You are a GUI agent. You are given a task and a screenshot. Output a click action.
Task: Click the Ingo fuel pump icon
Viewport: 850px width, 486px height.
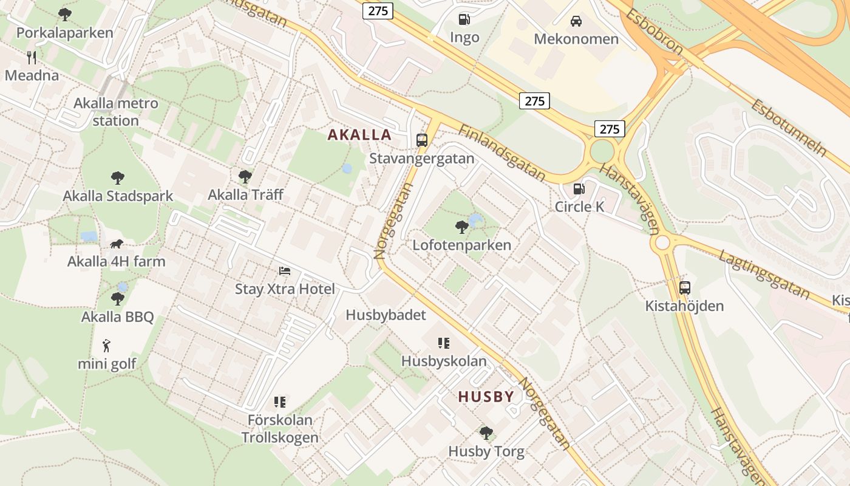[464, 19]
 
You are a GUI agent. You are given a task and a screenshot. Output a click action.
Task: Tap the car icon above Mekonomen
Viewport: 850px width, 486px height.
[576, 21]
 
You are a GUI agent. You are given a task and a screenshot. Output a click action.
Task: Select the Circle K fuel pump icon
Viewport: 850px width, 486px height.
[579, 189]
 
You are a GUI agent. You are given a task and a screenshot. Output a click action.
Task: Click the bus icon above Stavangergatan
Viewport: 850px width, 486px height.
[422, 140]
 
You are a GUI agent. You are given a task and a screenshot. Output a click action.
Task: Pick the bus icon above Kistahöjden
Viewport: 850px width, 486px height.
[685, 288]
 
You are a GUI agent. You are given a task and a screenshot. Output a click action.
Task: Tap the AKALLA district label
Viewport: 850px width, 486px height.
[359, 134]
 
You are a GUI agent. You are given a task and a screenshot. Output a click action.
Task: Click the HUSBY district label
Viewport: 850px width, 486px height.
[486, 397]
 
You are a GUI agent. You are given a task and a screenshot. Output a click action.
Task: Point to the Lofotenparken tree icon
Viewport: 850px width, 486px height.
[461, 227]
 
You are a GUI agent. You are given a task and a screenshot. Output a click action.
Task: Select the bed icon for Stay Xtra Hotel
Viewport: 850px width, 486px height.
[285, 270]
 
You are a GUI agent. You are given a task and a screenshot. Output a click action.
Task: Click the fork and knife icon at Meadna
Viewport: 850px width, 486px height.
[32, 58]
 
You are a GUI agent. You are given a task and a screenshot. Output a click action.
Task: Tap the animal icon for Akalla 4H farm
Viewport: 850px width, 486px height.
[117, 244]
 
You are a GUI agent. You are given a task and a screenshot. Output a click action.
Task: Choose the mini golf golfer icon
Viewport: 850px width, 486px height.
[107, 346]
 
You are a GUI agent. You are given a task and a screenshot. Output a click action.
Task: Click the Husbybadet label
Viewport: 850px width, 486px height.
[386, 315]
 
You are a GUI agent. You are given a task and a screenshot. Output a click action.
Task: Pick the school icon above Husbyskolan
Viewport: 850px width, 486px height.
[444, 343]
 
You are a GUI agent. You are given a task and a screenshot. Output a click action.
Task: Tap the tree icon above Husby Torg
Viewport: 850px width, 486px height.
[486, 433]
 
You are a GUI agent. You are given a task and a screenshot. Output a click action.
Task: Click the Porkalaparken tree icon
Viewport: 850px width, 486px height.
[65, 14]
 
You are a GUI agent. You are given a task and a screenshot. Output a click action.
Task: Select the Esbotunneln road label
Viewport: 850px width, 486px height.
[789, 127]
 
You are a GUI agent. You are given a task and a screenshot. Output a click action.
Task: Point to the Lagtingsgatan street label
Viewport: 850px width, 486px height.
[764, 274]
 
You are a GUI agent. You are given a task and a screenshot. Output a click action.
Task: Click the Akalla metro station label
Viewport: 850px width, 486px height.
[115, 112]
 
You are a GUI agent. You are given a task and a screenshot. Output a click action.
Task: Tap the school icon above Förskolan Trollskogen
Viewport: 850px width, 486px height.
[280, 402]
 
